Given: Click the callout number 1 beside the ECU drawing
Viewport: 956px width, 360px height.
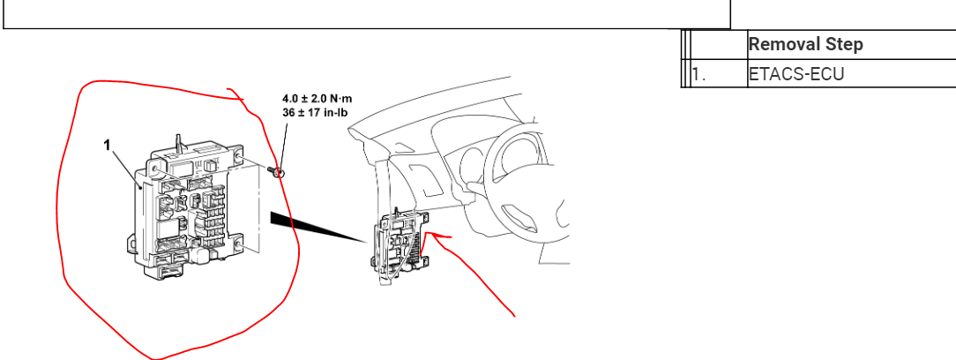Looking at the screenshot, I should point(108,146).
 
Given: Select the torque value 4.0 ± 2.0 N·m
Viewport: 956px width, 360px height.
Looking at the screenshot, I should point(317,98).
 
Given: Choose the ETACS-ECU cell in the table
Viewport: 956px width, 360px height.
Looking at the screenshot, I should point(795,74).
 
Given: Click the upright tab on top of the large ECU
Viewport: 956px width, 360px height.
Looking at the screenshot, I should point(178,139).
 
